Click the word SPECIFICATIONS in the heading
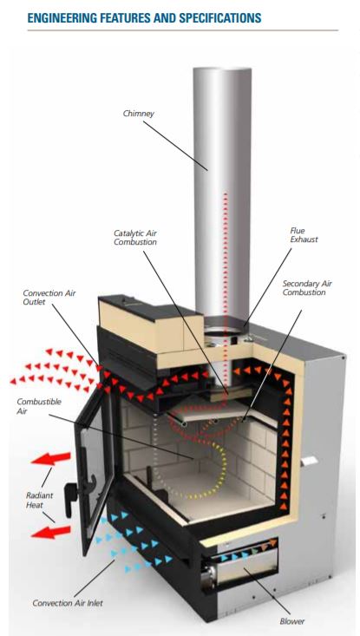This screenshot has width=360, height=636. (219, 18)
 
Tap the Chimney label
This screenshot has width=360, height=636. (139, 114)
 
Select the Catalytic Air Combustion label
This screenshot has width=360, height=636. (135, 238)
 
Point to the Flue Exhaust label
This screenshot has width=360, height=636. (304, 235)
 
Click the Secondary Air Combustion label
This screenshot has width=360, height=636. (307, 288)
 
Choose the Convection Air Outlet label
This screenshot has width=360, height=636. (49, 298)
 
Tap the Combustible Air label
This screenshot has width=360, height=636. (39, 406)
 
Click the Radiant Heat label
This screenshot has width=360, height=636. (40, 500)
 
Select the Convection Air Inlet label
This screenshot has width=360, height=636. (68, 603)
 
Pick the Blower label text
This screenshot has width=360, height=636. (291, 621)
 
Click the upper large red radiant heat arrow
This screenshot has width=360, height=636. (50, 458)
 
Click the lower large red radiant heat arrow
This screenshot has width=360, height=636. (50, 532)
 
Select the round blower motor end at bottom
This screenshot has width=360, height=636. (209, 574)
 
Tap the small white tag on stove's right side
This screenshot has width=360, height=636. (310, 461)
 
